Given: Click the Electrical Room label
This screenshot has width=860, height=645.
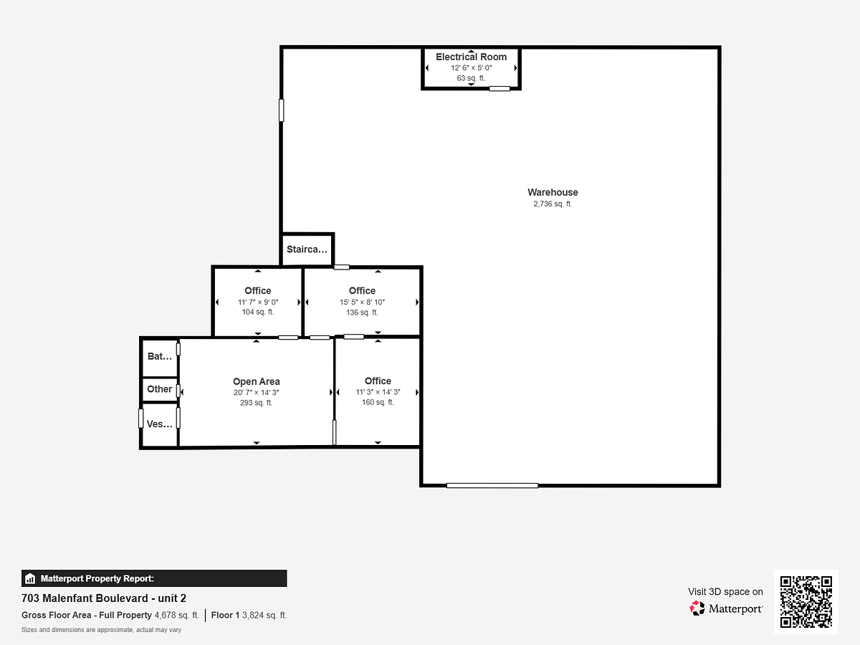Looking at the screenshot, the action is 471,57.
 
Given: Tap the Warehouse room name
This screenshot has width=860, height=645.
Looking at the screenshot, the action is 553,192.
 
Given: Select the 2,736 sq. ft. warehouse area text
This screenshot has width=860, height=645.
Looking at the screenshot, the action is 553,204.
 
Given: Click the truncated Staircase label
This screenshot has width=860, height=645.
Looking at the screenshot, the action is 307,249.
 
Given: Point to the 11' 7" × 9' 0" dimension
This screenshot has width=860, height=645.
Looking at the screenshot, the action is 258,302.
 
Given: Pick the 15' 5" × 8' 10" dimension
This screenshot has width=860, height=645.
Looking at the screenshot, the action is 362,302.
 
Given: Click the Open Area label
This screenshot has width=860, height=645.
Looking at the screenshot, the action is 257,381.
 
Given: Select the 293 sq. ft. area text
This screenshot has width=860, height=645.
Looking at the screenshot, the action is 257,403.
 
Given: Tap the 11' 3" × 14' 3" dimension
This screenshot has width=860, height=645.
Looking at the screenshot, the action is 378,392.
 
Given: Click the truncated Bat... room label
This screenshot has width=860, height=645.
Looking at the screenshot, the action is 160,356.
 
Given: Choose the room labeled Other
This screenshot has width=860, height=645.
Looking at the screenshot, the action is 160,389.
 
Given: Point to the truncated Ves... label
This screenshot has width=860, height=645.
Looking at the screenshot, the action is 160,424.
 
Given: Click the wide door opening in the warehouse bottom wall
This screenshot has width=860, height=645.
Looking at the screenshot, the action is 492,486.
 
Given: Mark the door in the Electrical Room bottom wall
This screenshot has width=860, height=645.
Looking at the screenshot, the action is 500,89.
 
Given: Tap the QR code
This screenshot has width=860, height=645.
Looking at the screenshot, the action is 806,602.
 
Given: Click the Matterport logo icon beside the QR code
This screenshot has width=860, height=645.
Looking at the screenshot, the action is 697,608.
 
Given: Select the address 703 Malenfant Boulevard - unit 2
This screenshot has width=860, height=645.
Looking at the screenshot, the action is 104,598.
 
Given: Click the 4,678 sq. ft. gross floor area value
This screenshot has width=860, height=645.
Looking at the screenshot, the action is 177,615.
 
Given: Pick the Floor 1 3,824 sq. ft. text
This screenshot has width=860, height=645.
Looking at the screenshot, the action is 249,615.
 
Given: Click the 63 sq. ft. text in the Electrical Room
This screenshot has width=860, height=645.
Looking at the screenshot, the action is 471,78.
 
